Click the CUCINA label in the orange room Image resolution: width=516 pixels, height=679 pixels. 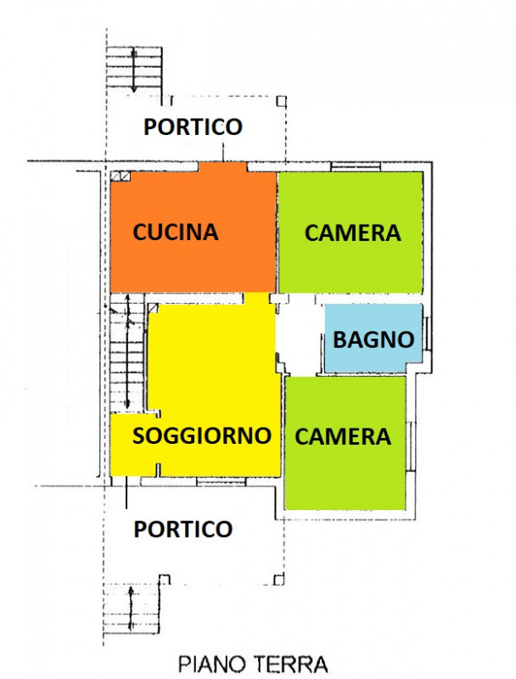coord(176,232)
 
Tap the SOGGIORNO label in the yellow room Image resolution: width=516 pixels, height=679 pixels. coord(202,435)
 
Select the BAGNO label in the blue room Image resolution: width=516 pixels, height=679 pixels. coord(373,339)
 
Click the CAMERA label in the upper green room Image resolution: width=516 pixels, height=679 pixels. coord(353,233)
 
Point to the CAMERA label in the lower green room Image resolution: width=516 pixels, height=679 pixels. coord(343,436)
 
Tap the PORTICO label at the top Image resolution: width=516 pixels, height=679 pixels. coord(193,126)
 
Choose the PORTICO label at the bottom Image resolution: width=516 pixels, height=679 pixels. coord(183,529)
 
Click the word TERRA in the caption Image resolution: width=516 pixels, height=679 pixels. coord(290,664)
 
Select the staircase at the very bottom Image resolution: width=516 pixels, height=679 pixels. coord(132,609)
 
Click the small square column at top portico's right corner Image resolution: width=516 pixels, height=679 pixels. coord(282,101)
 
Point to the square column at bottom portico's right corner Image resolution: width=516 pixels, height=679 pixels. coord(279,580)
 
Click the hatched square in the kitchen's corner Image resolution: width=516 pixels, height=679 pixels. coord(120,176)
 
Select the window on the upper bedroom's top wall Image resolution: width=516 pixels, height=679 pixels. coord(356,166)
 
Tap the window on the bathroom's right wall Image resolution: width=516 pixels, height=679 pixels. coord(427,334)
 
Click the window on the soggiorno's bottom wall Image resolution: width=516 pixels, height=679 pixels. coord(222,481)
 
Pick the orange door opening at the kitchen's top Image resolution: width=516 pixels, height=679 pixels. coord(222,167)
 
